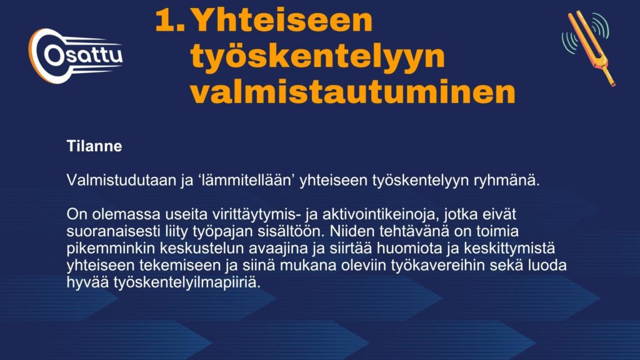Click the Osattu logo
(76, 56)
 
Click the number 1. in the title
(170, 21)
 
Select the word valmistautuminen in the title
(352, 91)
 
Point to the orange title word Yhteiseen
(282, 20)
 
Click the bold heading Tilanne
(94, 146)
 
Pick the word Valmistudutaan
(121, 180)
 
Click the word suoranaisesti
(114, 231)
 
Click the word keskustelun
(202, 248)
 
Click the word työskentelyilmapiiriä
(187, 282)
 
